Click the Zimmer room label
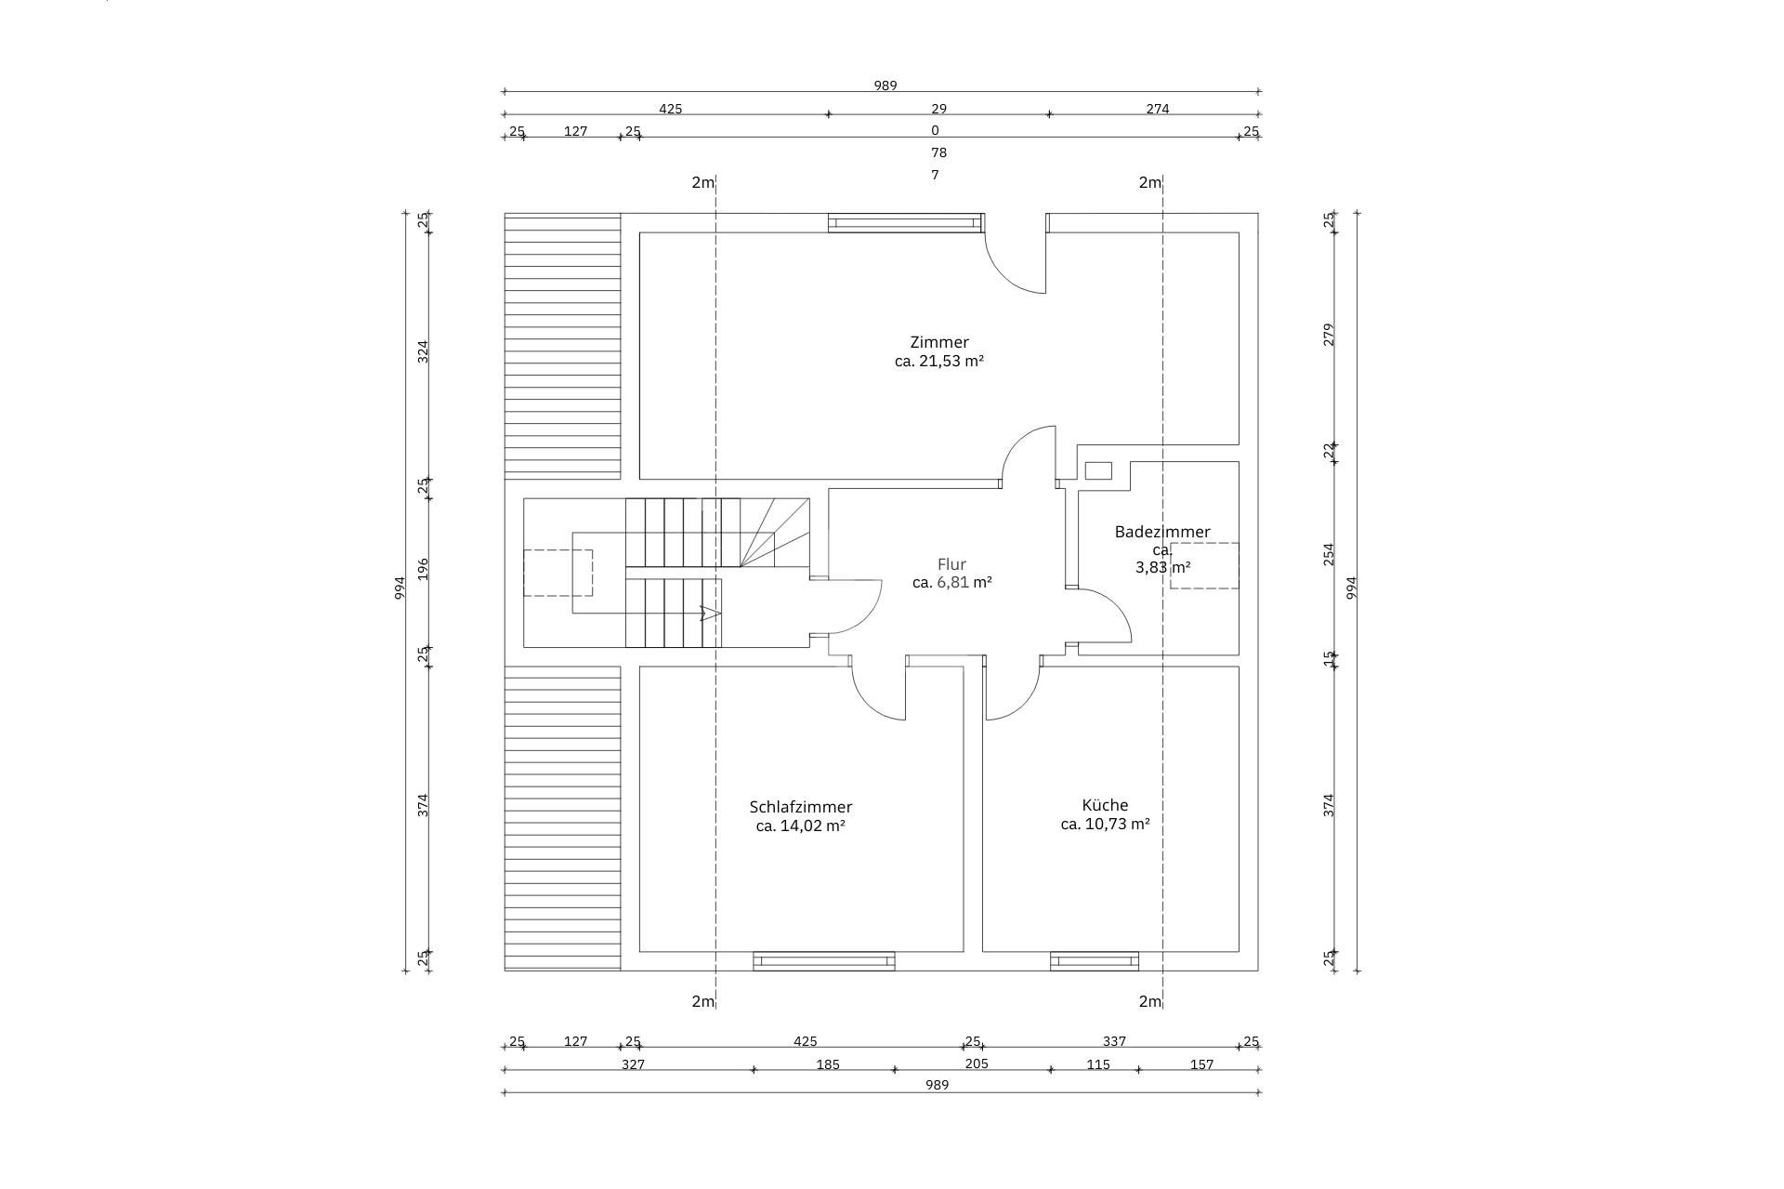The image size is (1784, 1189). point(939,342)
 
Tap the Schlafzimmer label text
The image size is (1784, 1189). point(800,807)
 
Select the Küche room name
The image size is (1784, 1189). point(1105,805)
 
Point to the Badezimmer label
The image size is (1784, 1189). point(1162,532)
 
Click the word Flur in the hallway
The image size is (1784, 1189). point(951,564)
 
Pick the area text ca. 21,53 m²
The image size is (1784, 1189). point(939,361)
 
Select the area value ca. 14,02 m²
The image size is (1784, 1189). point(800,826)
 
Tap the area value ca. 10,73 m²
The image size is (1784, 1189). point(1105,824)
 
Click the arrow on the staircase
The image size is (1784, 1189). point(710,614)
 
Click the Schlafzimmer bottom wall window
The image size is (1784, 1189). point(824,961)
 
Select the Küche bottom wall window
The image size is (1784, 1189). point(1095,961)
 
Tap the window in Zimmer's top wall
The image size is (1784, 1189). point(905,223)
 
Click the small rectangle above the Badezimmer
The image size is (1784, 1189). point(1098,471)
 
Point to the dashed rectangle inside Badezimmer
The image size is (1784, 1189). point(1204,565)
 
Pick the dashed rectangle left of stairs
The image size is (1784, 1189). point(557,573)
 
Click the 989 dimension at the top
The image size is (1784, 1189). point(885,86)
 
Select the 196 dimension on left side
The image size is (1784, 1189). point(423,569)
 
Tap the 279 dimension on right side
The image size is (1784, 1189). point(1329,335)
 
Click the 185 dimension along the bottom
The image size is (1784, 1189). point(827,1064)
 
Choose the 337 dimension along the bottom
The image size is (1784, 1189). point(1113,1041)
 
